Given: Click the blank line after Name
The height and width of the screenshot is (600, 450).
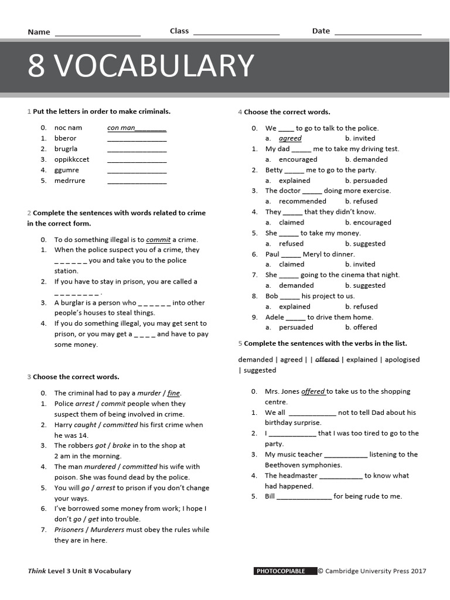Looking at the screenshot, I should [97, 33].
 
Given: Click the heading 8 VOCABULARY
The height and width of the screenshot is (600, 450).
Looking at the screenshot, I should [141, 66].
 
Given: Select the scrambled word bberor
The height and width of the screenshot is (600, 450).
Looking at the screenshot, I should [66, 138].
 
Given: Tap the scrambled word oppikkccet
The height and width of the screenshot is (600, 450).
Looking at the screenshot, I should [72, 159].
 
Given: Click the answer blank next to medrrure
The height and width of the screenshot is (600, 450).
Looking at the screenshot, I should [137, 181].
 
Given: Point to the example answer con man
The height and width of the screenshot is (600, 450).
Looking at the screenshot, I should [121, 128].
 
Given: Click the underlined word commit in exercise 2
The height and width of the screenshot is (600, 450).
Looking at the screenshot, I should [158, 240].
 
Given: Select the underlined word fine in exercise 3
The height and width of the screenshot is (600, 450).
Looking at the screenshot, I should [174, 393].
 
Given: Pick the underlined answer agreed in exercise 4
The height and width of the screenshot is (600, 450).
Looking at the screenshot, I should [290, 138].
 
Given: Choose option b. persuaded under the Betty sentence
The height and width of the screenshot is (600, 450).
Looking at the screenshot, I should [366, 180].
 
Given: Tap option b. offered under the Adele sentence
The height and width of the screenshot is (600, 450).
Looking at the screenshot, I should [361, 328].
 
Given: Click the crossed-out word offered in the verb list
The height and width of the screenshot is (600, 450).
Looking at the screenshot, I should [327, 360].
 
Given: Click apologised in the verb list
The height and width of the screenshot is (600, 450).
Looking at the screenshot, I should [399, 360].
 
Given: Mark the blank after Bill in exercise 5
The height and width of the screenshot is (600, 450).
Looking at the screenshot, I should [304, 497].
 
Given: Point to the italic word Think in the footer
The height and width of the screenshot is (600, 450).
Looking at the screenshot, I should [36, 571].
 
